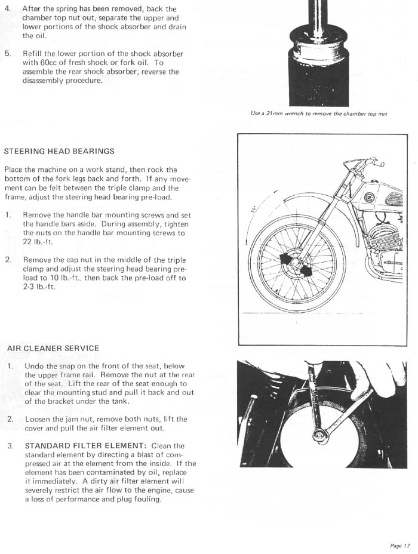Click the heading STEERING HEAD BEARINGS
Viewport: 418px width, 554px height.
pyautogui.click(x=59, y=151)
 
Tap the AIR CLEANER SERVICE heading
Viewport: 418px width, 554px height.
pyautogui.click(x=53, y=347)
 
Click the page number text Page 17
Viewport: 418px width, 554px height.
pyautogui.click(x=400, y=546)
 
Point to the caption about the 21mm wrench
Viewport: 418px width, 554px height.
pyautogui.click(x=319, y=113)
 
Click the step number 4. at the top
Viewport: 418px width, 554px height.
pyautogui.click(x=8, y=9)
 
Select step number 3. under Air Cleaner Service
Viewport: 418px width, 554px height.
pyautogui.click(x=10, y=445)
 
